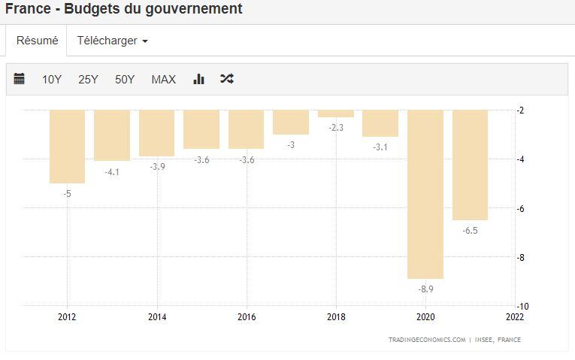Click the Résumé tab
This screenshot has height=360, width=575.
[37, 41]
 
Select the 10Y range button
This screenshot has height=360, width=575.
[52, 79]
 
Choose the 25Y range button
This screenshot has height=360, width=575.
[88, 79]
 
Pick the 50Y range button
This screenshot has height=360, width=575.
[125, 79]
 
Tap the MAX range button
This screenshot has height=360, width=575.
[163, 79]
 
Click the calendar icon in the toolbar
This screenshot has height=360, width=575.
[20, 79]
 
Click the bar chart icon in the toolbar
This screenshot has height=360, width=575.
[199, 79]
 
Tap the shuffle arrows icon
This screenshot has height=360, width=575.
[227, 79]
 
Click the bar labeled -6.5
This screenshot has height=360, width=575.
[470, 165]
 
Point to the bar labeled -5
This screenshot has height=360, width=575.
[67, 147]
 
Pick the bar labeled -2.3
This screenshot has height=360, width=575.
[336, 113]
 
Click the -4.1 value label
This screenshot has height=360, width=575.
[112, 172]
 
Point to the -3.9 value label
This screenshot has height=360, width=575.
[156, 167]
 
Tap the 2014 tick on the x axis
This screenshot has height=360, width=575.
[157, 317]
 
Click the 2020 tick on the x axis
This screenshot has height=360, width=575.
[425, 317]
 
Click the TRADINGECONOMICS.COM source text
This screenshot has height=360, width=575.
[426, 340]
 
